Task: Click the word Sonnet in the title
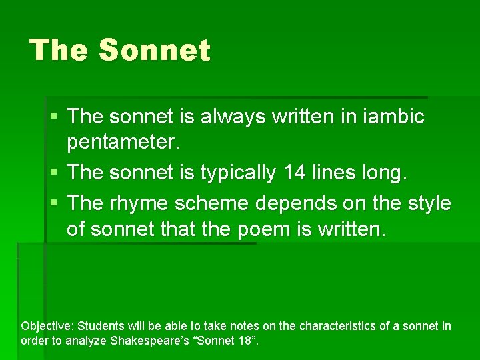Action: coord(154,51)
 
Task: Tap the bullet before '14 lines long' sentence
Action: coord(53,173)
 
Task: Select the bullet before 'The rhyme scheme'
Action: coord(53,203)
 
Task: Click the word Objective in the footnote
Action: coord(47,327)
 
